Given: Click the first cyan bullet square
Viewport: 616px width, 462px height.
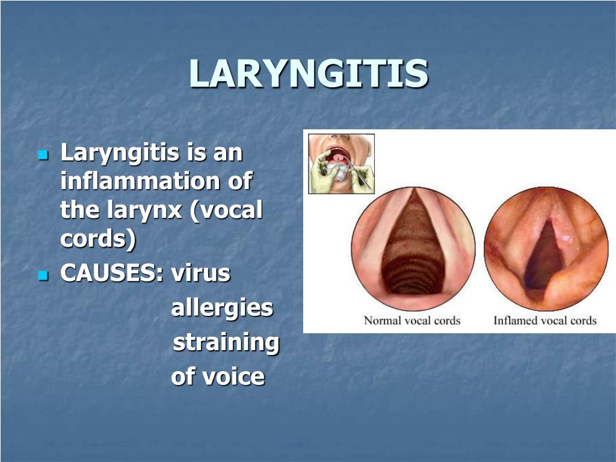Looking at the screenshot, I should click(42, 155).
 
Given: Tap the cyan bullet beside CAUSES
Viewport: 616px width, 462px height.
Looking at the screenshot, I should click(42, 276).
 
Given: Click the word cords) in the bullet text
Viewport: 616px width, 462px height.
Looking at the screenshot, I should click(98, 239).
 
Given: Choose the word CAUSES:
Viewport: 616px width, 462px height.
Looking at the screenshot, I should click(112, 274).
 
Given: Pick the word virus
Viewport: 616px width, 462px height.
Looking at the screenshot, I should click(200, 274).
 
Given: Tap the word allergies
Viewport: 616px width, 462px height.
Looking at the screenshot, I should click(222, 309).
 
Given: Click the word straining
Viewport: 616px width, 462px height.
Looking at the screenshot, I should click(226, 343).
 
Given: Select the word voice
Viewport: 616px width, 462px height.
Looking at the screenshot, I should click(233, 377).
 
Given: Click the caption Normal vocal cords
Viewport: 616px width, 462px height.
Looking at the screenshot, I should click(412, 321).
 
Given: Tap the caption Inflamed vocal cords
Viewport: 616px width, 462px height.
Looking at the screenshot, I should click(544, 321).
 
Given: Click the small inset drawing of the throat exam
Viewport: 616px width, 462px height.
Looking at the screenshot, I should click(341, 164).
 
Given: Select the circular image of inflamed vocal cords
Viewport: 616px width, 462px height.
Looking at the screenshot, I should click(546, 248).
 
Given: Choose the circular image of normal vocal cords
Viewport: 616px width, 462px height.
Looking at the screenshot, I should click(413, 248).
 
